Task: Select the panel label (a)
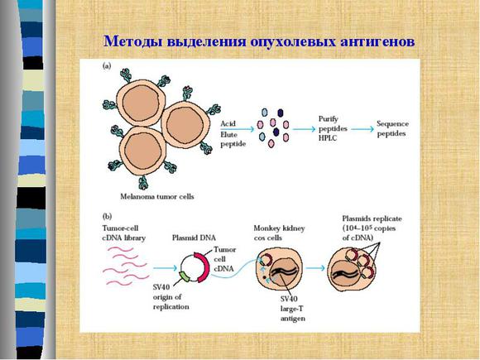point(107,65)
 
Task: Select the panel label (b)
point(107,217)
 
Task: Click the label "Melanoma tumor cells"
point(157,196)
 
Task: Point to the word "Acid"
point(228,123)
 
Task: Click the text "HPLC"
point(327,138)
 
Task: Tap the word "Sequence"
point(392,123)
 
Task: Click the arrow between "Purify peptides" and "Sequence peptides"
point(362,129)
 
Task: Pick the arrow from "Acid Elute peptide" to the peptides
point(238,129)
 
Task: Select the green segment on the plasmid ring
point(185,276)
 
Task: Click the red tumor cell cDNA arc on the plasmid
point(204,266)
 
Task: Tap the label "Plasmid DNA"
point(194,238)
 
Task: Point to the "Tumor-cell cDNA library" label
point(123,233)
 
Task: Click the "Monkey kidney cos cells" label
point(279,233)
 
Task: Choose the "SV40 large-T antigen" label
point(293,309)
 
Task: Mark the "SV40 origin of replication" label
point(170,297)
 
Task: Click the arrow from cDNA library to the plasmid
point(165,268)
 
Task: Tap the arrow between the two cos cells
point(315,268)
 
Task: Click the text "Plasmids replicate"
point(372,218)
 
